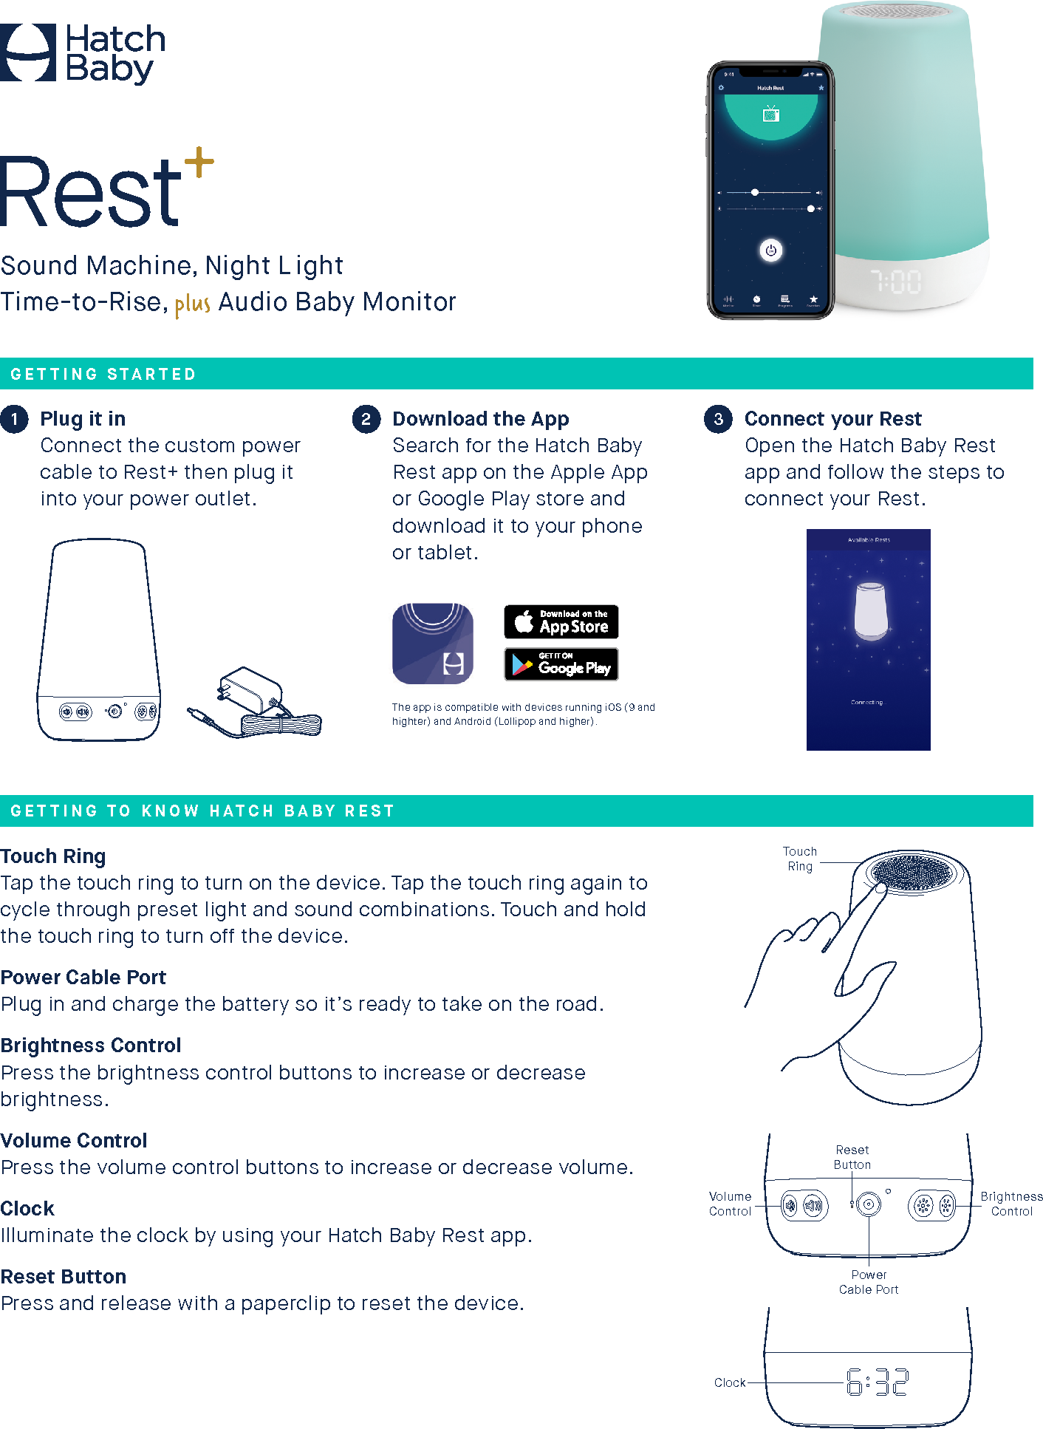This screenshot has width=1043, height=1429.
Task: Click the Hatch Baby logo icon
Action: click(27, 52)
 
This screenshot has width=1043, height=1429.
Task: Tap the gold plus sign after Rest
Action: click(199, 162)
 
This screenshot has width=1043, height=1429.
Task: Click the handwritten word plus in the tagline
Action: click(192, 304)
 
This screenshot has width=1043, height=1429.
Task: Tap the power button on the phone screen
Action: click(770, 250)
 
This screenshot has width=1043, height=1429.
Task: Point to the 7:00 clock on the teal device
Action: click(895, 282)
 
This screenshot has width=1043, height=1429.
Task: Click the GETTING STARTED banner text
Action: click(103, 374)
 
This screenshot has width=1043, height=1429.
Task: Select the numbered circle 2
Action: click(366, 419)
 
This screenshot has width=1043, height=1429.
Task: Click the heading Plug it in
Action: click(83, 419)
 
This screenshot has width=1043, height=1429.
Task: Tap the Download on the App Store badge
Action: click(561, 621)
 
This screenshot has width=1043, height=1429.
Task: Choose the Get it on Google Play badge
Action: click(561, 664)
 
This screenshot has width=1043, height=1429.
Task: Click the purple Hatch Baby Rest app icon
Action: click(432, 644)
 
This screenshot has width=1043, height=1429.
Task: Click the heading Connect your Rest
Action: click(832, 419)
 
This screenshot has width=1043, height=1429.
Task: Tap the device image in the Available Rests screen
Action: click(869, 610)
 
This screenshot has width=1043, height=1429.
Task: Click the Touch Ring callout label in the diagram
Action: click(800, 859)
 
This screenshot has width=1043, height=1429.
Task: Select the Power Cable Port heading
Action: click(83, 977)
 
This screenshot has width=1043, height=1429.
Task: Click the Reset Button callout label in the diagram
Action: click(852, 1157)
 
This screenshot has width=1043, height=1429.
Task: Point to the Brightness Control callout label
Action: click(1011, 1204)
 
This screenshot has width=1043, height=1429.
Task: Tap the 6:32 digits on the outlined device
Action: click(877, 1381)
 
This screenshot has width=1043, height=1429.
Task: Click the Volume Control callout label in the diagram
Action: click(730, 1204)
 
